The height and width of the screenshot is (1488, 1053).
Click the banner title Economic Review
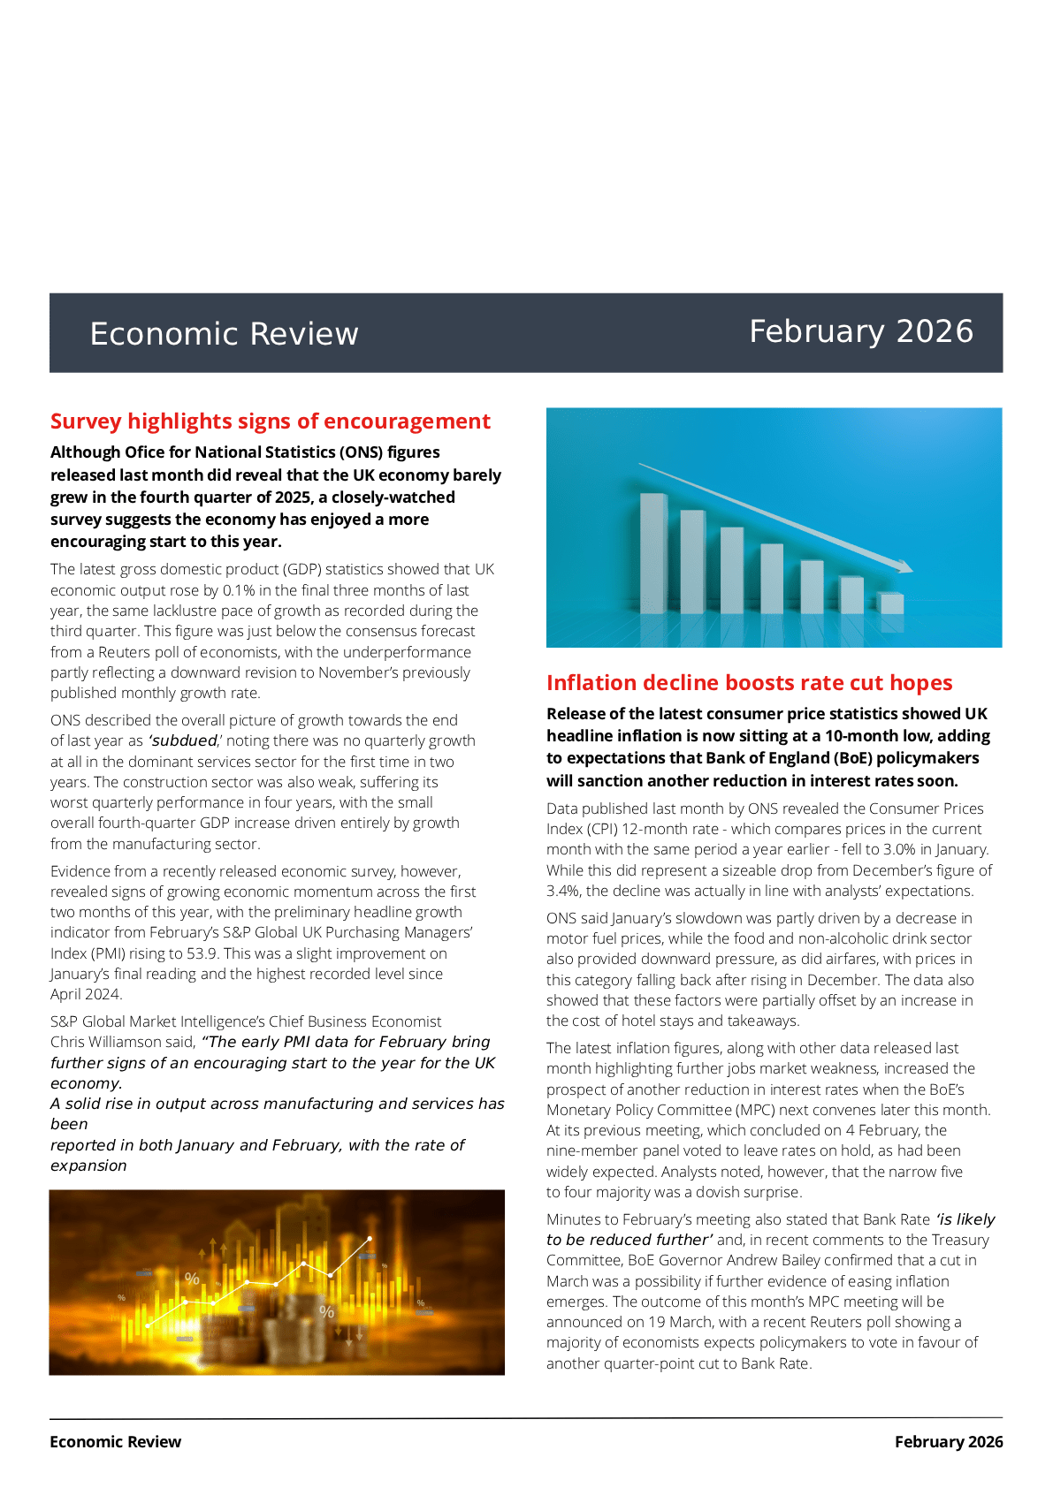pos(224,334)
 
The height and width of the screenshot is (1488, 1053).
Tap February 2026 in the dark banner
pos(860,331)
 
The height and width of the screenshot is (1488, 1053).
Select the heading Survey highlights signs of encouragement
pos(270,421)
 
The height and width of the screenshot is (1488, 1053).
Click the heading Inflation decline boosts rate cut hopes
pos(749,683)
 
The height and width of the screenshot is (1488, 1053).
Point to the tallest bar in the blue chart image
pos(653,552)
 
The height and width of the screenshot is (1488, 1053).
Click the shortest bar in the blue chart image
pos(891,604)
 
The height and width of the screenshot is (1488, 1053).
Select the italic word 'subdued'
pos(184,740)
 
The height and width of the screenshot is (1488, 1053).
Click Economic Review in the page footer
pos(115,1442)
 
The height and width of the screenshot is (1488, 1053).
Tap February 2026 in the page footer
pos(948,1442)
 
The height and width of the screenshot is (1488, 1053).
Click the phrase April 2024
pos(85,994)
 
